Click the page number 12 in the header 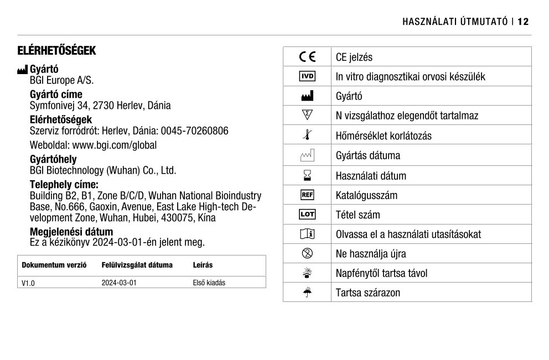(523, 22)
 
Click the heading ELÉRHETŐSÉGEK (57, 51)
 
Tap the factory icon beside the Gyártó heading (23, 70)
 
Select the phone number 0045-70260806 (195, 131)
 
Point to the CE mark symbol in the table (307, 57)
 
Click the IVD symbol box (307, 76)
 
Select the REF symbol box (307, 195)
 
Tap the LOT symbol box (307, 215)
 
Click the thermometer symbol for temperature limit (307, 135)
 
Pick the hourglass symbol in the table (307, 175)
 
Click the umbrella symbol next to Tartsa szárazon (307, 292)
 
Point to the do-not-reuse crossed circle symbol (307, 254)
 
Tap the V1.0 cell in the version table (28, 283)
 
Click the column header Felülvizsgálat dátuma (137, 265)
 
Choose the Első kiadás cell (209, 283)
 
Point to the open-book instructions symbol (307, 234)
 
